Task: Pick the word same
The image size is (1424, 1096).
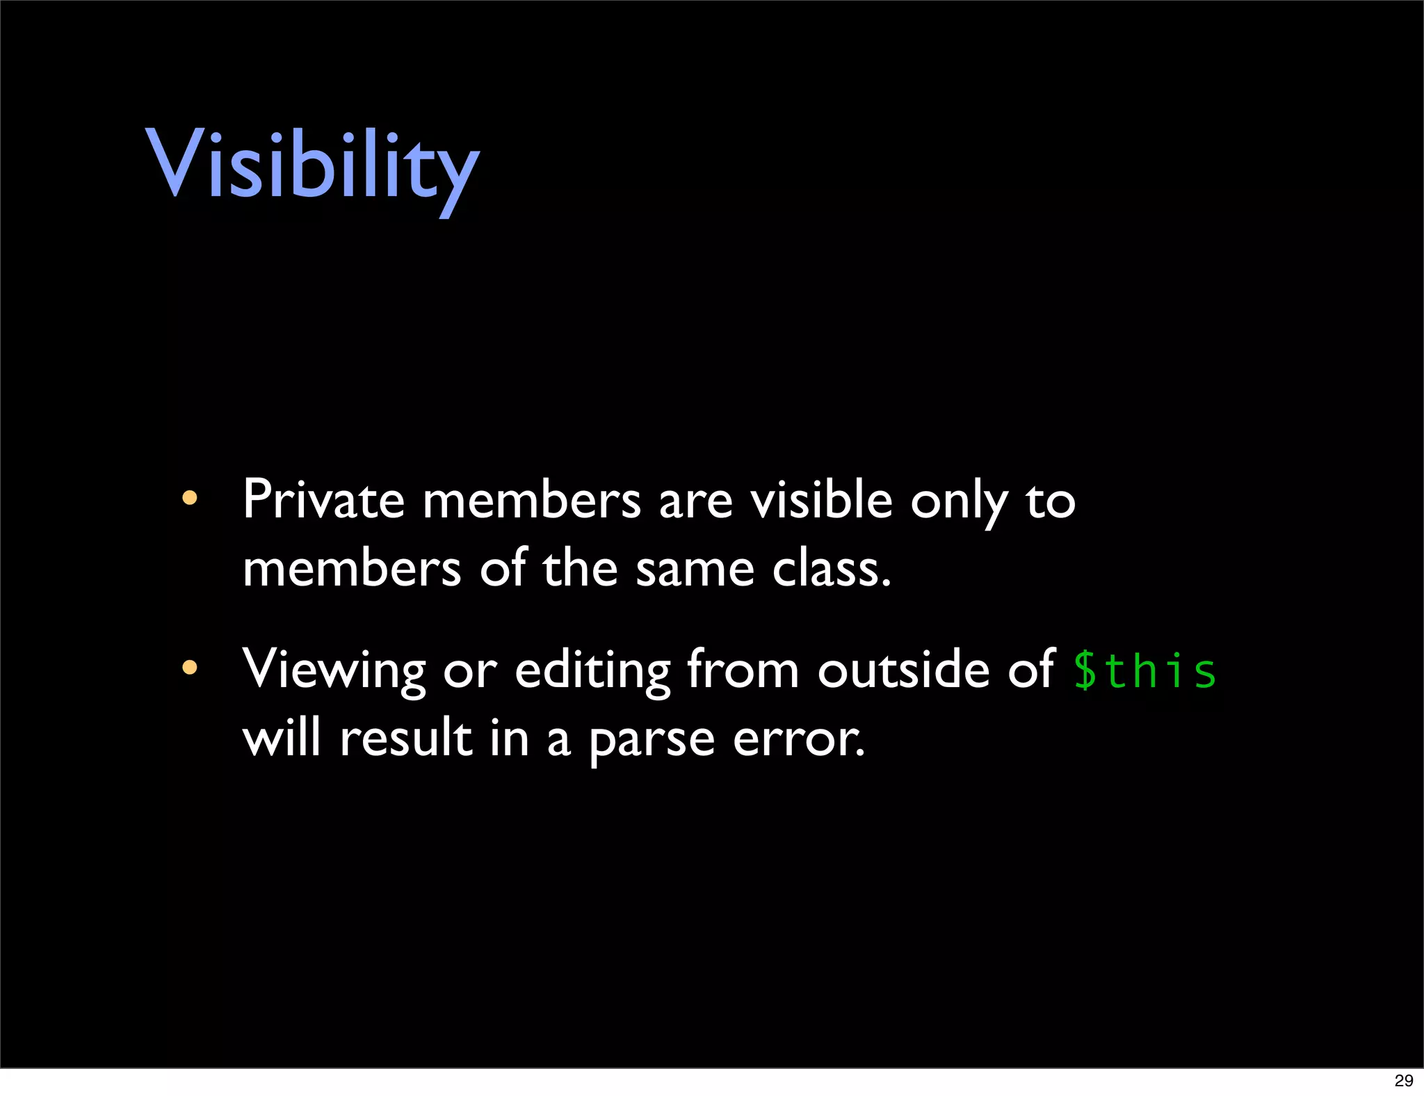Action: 695,570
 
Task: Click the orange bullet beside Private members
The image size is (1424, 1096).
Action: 189,498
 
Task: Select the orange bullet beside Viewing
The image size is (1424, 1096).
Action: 189,668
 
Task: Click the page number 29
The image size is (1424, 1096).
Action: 1404,1080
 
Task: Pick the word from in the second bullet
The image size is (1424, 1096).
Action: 743,669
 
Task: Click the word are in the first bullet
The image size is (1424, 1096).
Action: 695,501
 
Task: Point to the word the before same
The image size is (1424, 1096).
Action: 580,568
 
